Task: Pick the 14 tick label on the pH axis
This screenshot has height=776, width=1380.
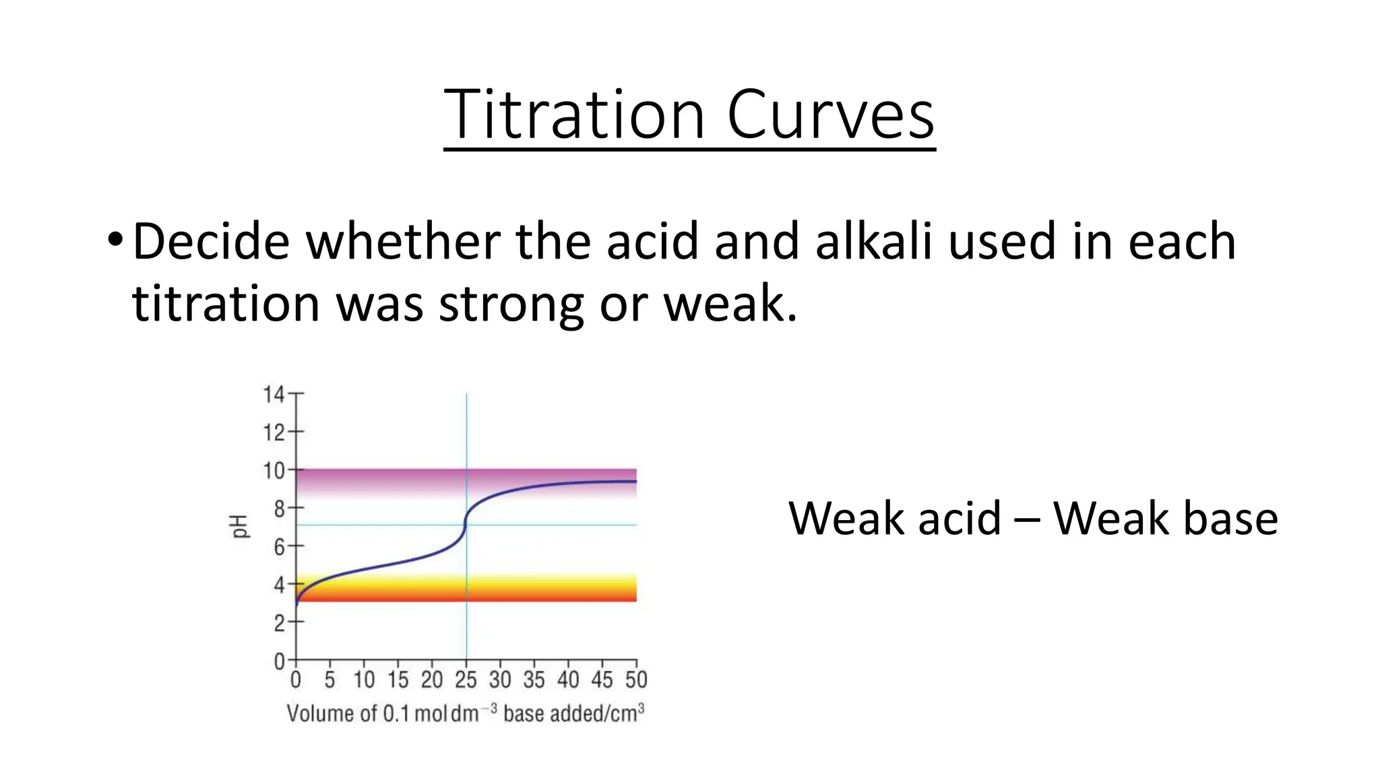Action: (x=273, y=394)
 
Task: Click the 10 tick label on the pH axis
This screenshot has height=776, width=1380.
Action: (x=273, y=470)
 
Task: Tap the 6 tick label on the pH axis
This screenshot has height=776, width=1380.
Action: (x=278, y=546)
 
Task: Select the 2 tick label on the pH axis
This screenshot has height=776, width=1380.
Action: (x=278, y=623)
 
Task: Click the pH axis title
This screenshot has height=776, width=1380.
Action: (x=240, y=526)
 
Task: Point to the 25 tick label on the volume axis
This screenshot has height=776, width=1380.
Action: (x=466, y=680)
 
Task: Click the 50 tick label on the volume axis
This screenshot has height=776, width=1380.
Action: (x=635, y=680)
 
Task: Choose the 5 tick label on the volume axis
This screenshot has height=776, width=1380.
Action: (x=330, y=680)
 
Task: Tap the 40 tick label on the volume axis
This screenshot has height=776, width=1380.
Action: (x=567, y=680)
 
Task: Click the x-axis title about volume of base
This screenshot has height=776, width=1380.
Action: (x=465, y=713)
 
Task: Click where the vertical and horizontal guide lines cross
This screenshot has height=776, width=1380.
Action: (x=466, y=525)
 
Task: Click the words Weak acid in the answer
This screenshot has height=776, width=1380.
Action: (x=894, y=519)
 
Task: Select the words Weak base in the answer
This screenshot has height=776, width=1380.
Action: (x=1165, y=519)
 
